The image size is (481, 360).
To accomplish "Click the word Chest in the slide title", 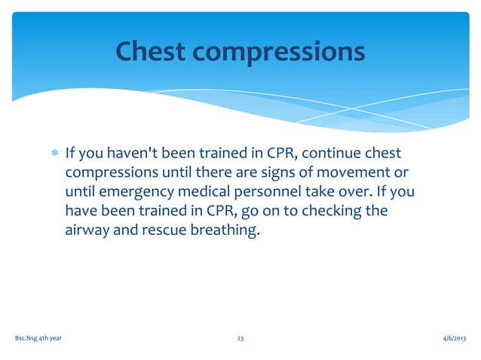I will pos(149,51).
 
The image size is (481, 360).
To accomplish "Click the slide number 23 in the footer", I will pos(240,340).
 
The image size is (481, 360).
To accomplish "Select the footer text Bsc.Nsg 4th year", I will pos(38,340).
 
